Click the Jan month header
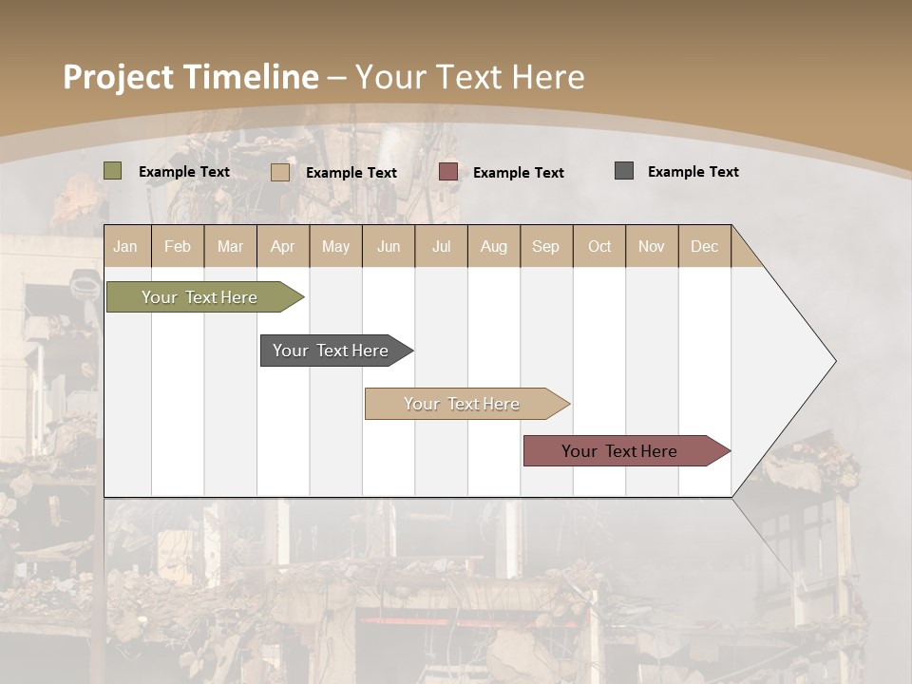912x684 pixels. [126, 246]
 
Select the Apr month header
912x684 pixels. [283, 246]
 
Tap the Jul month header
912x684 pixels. [441, 246]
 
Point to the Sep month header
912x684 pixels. [545, 246]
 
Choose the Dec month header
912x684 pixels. [704, 246]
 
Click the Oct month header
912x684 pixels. [598, 246]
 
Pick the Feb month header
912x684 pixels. [178, 246]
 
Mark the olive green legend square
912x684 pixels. [113, 171]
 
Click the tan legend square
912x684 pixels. [280, 172]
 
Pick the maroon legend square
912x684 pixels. [448, 172]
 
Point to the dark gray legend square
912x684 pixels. [624, 171]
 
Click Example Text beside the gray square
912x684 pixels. [693, 172]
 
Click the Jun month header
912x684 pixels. [389, 246]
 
